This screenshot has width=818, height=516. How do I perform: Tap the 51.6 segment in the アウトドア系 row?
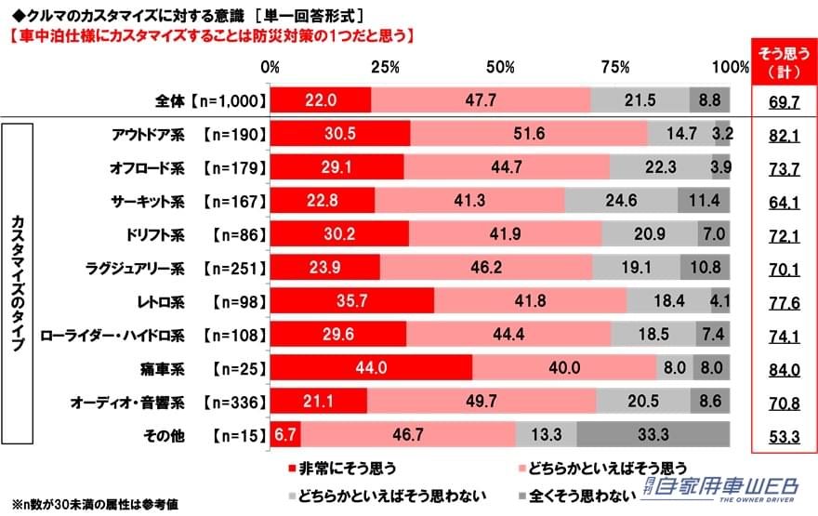(x=529, y=133)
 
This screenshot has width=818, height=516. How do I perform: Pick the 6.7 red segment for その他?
(x=284, y=433)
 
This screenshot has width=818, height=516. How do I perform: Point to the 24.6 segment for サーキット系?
(x=620, y=200)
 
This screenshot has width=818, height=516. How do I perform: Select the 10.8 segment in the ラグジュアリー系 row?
(x=708, y=267)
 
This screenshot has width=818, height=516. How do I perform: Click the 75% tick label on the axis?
(x=614, y=67)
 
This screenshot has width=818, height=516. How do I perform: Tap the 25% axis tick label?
(x=385, y=67)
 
